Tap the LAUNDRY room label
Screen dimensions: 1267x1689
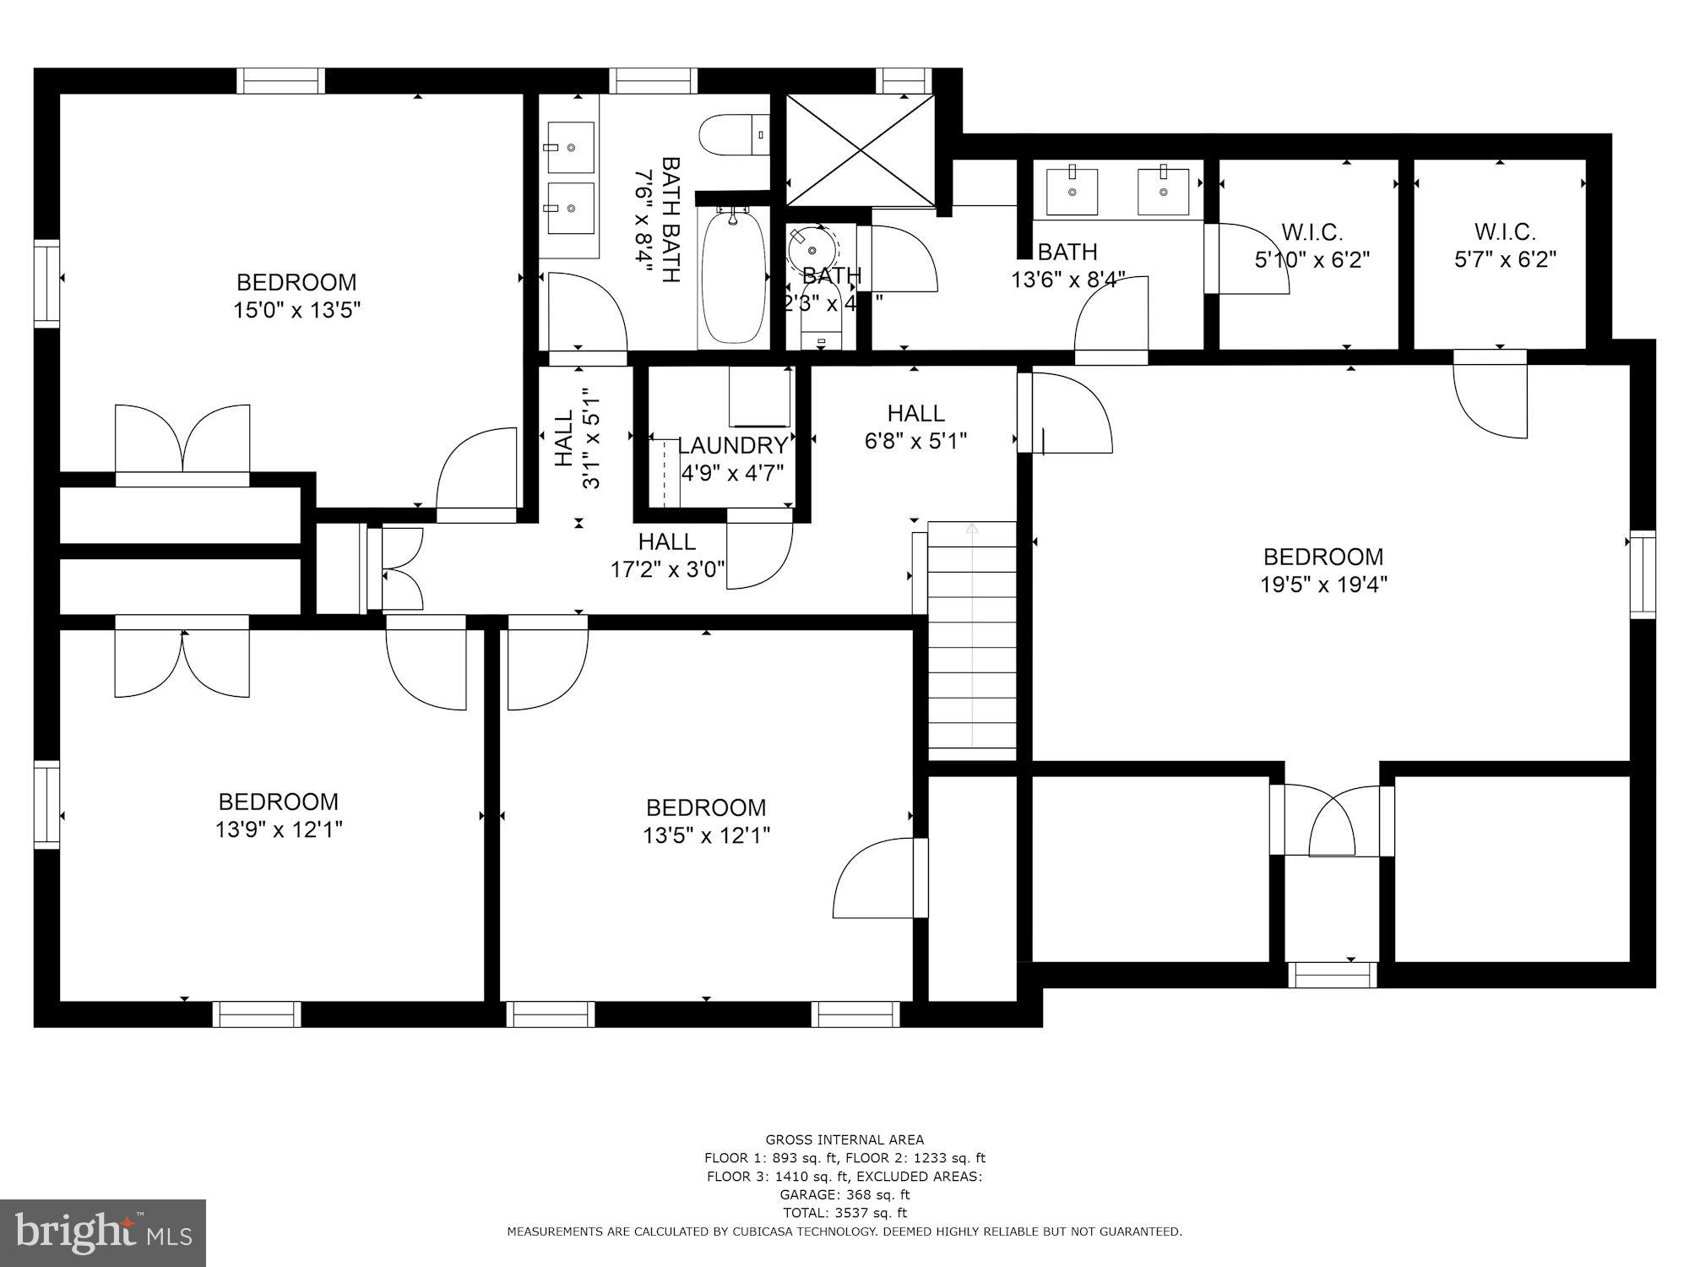732,446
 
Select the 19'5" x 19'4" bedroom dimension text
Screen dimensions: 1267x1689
1323,585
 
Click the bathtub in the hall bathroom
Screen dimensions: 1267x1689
734,278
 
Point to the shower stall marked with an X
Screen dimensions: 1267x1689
860,150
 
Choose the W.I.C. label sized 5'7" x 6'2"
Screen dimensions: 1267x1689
1505,245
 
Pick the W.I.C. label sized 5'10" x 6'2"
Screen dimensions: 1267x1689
1312,246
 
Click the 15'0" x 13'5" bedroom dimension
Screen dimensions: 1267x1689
296,310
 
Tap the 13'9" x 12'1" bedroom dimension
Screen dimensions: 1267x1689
279,829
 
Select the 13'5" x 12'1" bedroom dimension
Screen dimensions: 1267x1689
706,835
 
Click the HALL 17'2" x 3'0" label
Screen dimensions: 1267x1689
667,555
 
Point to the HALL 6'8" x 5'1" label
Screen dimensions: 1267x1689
915,427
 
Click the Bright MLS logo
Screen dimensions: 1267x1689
102,1233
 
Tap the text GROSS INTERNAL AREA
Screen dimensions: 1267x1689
844,1139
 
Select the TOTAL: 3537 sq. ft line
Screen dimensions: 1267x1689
844,1213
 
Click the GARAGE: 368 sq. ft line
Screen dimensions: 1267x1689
844,1194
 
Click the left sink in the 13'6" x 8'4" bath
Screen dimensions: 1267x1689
1073,192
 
